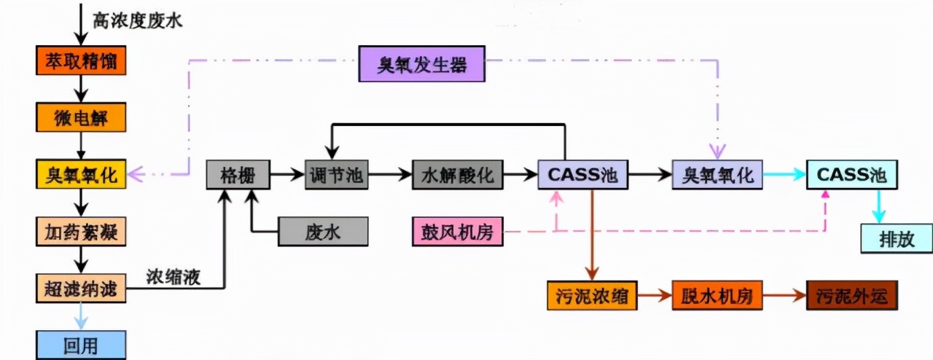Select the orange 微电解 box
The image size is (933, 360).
(x=81, y=117)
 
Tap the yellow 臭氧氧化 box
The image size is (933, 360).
(x=81, y=175)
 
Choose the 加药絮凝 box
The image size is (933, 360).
(x=81, y=232)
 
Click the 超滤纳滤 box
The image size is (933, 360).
(x=81, y=289)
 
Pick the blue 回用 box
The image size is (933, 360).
(x=81, y=345)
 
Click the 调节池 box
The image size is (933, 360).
(x=336, y=176)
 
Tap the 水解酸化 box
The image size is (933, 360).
(x=457, y=176)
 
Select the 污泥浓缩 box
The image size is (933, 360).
(x=592, y=296)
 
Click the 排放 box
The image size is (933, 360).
(x=896, y=238)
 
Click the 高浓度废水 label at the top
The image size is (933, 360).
(x=137, y=20)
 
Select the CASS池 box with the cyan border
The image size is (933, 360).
(x=851, y=176)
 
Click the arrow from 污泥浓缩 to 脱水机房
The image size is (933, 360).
(x=655, y=297)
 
